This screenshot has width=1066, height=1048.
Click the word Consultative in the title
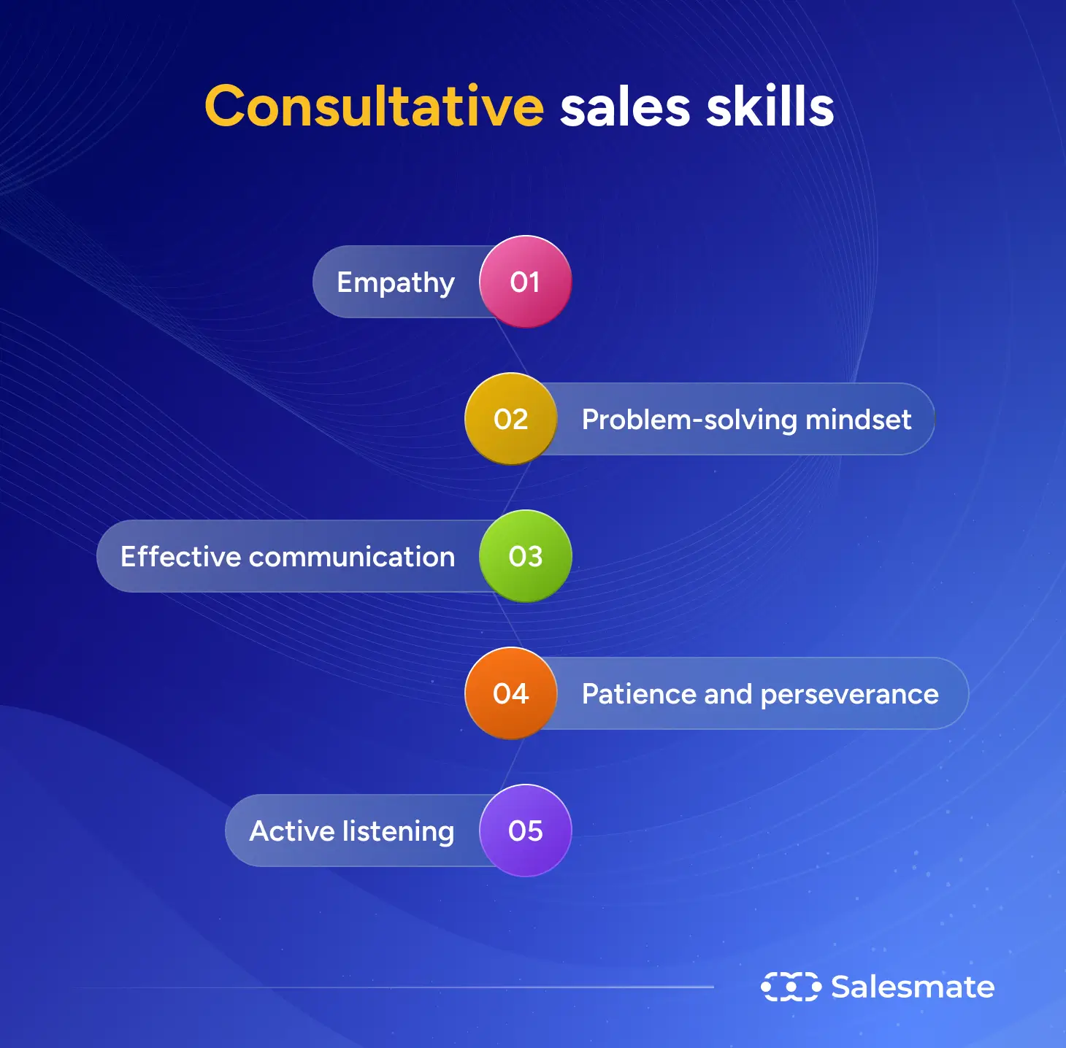(374, 107)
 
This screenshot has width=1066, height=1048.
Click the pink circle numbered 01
(525, 282)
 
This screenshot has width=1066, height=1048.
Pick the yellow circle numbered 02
(511, 419)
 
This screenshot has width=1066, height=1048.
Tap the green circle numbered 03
(525, 556)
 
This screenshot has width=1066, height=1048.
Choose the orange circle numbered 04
(511, 693)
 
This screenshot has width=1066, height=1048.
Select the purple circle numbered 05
(525, 831)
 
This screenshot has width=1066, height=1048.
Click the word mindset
(858, 420)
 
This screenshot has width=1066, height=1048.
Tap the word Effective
(180, 557)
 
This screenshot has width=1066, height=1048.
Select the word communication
(352, 557)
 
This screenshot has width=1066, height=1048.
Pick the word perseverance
(849, 695)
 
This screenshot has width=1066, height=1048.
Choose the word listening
(398, 832)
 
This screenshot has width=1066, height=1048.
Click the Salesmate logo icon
(791, 987)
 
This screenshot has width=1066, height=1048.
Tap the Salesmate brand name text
(913, 987)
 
